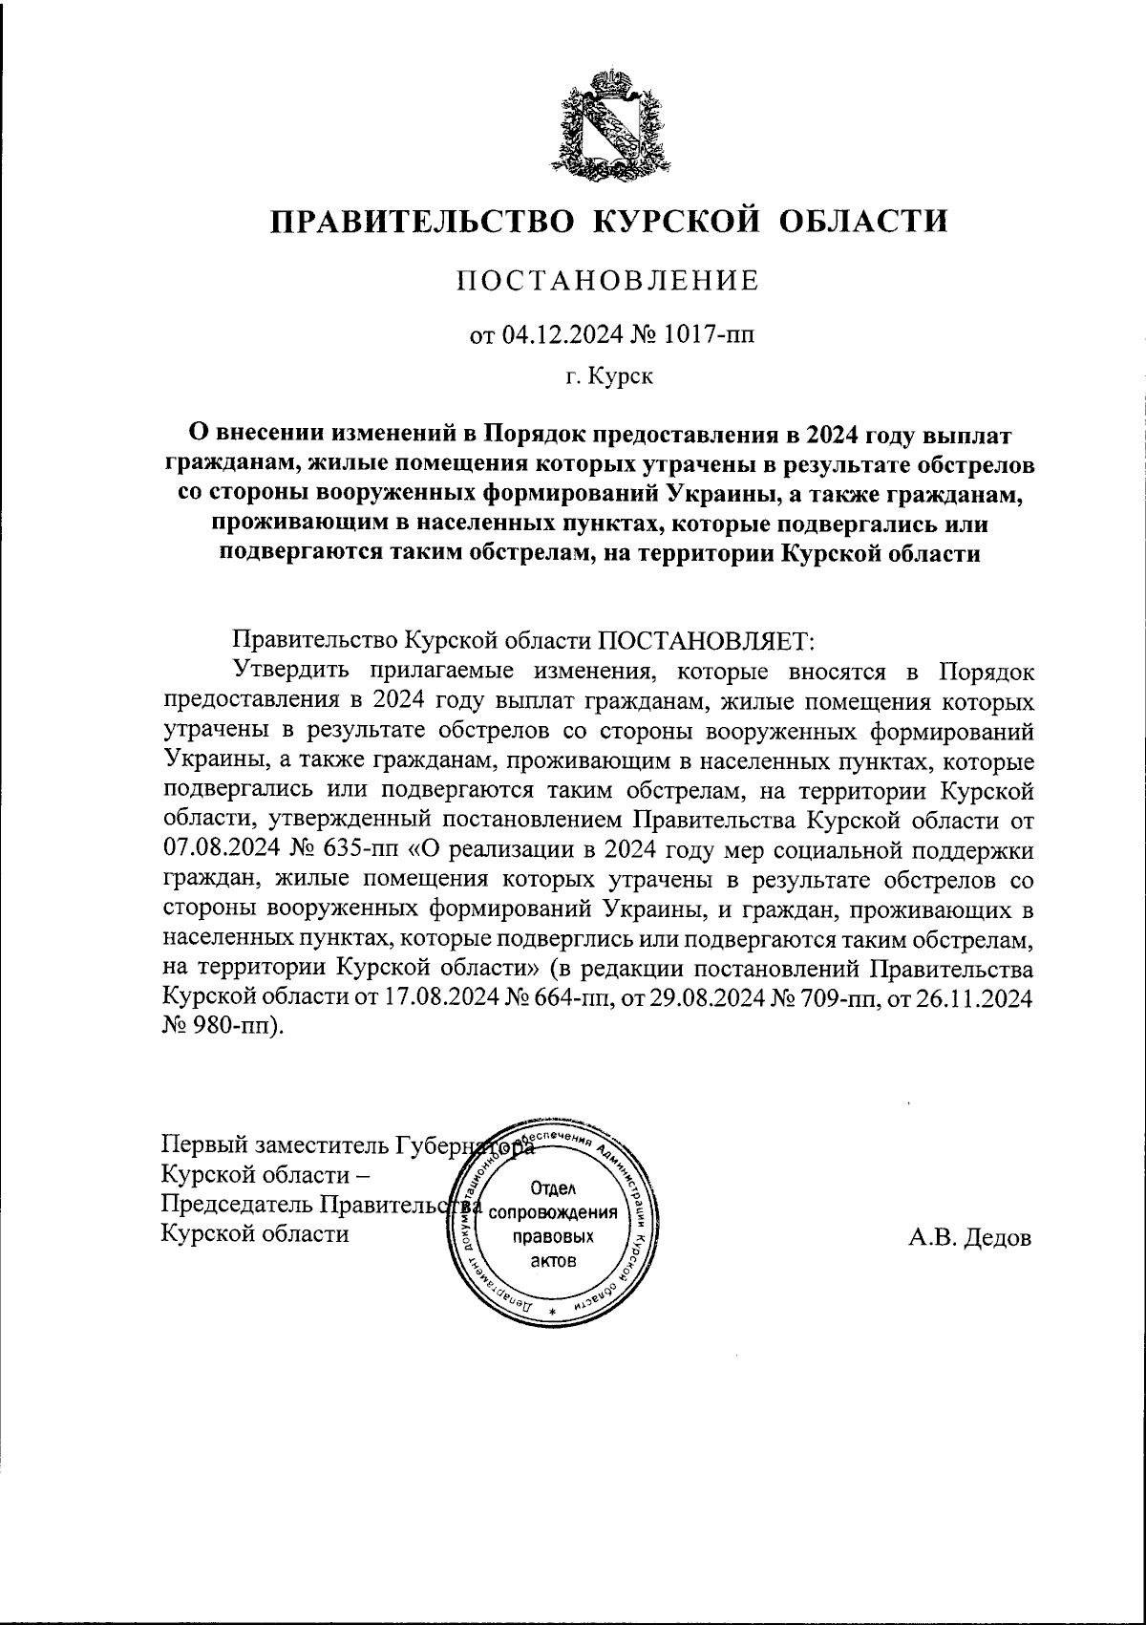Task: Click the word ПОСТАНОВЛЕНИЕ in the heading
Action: click(608, 281)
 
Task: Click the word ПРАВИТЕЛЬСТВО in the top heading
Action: click(424, 222)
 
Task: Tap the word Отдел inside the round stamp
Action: click(553, 1187)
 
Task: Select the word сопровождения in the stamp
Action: click(553, 1212)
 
